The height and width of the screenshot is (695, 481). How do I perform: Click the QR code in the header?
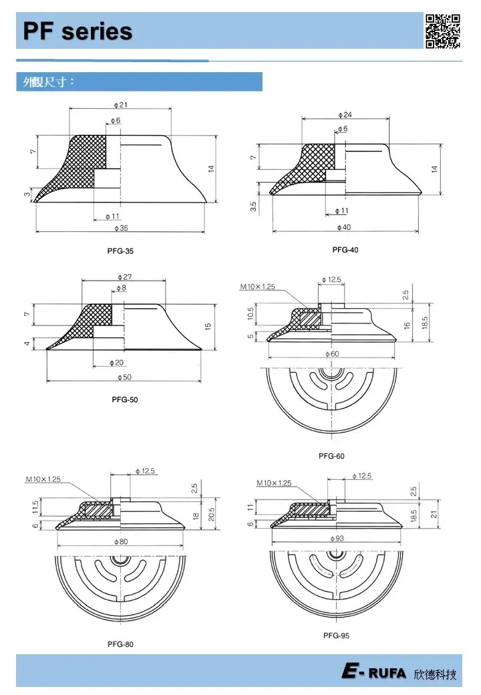click(x=443, y=31)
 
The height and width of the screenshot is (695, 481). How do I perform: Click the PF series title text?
click(x=77, y=31)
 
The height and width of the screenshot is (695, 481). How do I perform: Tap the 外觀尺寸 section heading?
click(x=49, y=82)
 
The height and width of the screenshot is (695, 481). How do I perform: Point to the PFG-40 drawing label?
click(x=345, y=250)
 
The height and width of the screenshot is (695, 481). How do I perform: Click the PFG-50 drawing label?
click(x=125, y=400)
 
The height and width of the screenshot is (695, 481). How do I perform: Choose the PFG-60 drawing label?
click(x=331, y=456)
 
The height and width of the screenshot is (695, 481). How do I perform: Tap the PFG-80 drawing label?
click(x=120, y=645)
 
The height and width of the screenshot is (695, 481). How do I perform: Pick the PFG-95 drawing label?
click(x=335, y=636)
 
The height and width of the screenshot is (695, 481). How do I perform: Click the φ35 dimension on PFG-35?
click(x=120, y=229)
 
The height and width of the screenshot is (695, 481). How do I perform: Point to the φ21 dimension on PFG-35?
click(x=121, y=104)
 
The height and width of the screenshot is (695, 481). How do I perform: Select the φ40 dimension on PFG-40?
click(x=343, y=228)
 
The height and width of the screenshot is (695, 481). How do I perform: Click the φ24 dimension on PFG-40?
click(x=345, y=115)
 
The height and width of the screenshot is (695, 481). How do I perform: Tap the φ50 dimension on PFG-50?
click(x=124, y=378)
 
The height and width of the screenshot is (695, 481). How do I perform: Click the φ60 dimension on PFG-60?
click(x=331, y=354)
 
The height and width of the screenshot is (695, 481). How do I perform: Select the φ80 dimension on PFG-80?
click(x=121, y=541)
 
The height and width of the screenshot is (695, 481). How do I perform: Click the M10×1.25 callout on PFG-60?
click(x=258, y=287)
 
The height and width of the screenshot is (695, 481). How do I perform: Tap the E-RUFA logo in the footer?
click(x=373, y=673)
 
